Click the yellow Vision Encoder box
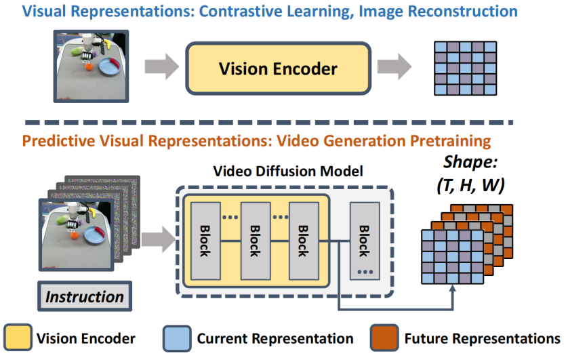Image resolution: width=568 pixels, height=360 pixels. (277, 68)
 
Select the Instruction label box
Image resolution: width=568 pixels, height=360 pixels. (84, 296)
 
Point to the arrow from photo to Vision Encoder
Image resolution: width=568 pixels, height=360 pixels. (161, 67)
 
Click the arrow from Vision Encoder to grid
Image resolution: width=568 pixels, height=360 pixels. (395, 67)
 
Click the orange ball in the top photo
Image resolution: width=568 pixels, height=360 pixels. (89, 66)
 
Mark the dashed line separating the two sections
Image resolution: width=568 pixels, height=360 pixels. (271, 123)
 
